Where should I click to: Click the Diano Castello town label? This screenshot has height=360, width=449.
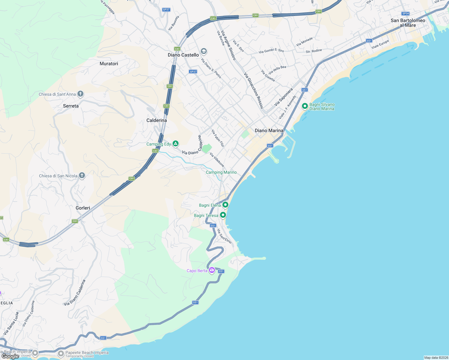click(183, 55)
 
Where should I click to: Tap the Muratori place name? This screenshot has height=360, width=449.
click(109, 64)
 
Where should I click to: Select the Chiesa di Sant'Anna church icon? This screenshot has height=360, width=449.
click(80, 94)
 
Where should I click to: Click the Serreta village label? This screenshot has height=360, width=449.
click(71, 106)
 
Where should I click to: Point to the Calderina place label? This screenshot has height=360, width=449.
click(156, 120)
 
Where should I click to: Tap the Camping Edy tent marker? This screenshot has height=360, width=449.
click(176, 144)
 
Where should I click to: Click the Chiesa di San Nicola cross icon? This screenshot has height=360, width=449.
click(82, 176)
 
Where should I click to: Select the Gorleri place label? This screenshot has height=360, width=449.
click(83, 208)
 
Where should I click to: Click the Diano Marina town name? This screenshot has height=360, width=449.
click(269, 130)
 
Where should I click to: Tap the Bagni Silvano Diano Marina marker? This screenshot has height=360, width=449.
click(305, 106)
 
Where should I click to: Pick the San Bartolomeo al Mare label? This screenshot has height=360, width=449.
click(408, 23)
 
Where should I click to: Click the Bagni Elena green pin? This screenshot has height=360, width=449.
click(225, 205)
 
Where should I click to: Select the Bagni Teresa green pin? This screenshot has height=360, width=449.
click(223, 215)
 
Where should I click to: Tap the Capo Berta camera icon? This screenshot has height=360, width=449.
click(212, 270)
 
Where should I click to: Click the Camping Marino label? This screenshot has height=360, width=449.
click(221, 172)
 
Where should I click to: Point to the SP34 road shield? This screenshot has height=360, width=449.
click(405, 13)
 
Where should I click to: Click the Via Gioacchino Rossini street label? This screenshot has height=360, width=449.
click(254, 90)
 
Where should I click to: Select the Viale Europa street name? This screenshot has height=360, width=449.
click(380, 44)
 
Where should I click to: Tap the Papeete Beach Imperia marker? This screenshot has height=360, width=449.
click(61, 353)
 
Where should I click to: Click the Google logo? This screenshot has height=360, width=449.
click(10, 356)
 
